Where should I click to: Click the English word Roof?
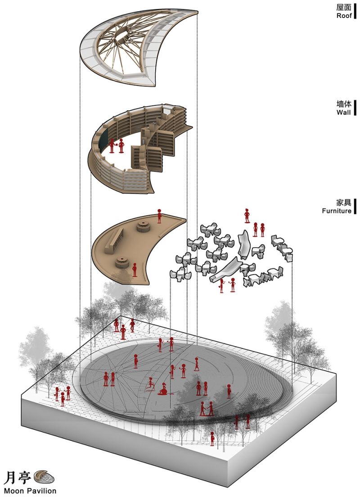[344, 15]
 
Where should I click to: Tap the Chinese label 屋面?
[344, 7]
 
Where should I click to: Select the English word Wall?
[343, 112]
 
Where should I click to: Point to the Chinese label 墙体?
[344, 104]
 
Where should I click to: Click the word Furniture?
[337, 211]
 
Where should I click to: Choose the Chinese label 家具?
[344, 202]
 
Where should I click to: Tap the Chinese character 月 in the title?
[9, 478]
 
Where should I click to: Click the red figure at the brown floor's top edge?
[159, 216]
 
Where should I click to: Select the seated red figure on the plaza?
[163, 389]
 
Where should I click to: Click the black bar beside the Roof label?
[355, 11]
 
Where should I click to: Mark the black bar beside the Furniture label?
[355, 206]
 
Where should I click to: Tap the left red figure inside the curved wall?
[112, 145]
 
